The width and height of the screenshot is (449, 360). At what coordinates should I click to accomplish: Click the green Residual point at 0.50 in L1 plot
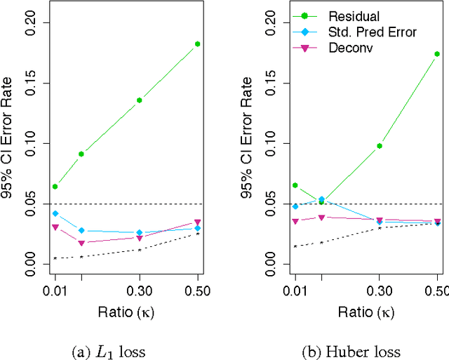click(198, 44)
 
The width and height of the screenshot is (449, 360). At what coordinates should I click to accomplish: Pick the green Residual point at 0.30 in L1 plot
click(139, 100)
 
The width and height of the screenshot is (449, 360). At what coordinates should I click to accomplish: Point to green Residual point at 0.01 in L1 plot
click(55, 187)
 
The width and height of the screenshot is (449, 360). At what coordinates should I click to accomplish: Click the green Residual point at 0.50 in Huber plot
click(437, 53)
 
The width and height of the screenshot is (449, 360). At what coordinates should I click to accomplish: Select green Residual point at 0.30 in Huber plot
click(380, 146)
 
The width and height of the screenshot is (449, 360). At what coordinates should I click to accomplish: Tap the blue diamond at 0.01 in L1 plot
click(55, 213)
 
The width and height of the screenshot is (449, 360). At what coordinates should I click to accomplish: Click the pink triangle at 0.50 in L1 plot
click(198, 222)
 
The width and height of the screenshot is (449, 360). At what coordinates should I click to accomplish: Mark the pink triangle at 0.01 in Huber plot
click(295, 222)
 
